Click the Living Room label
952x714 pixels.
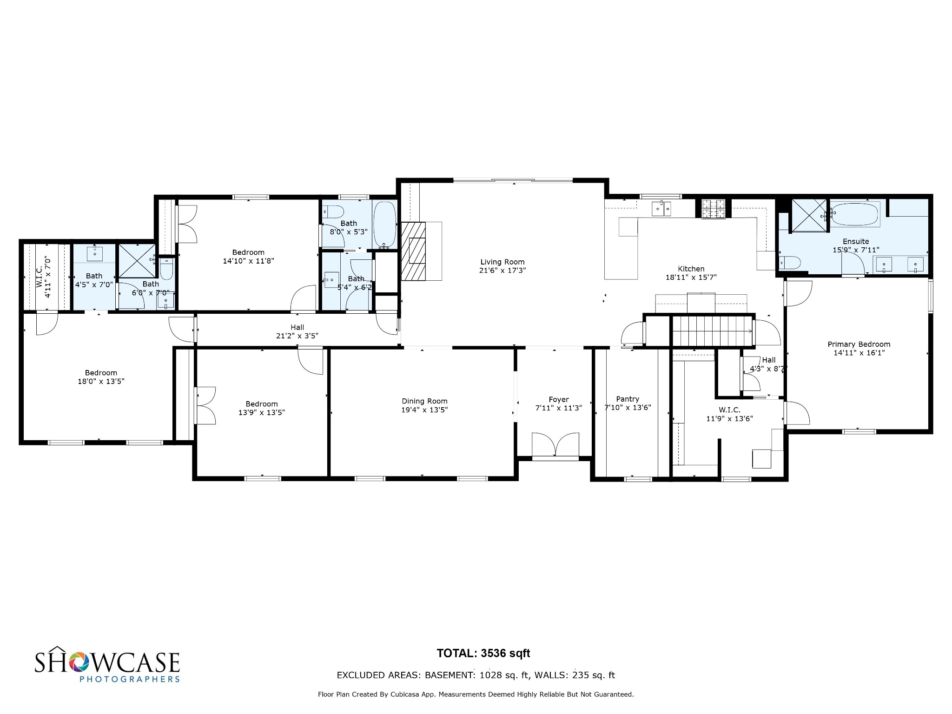coord(502,262)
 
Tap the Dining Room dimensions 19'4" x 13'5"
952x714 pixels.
coord(424,410)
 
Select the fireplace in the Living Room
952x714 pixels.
coord(414,251)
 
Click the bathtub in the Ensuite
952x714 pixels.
coord(855,214)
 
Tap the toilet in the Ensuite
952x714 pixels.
coord(789,263)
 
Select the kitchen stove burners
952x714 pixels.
coord(713,209)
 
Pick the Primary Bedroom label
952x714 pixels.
coord(859,344)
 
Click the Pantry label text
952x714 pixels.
coord(628,399)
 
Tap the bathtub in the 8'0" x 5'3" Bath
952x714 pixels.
coord(384,224)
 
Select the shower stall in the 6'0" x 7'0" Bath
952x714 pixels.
coord(137,261)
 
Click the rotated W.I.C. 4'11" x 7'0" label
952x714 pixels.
coord(43,277)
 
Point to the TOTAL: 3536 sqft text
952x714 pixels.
coord(483,653)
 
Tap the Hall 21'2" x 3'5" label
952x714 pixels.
coord(297,331)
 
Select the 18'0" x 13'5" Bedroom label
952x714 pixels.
coord(101,377)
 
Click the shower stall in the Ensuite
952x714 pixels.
coord(809,215)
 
